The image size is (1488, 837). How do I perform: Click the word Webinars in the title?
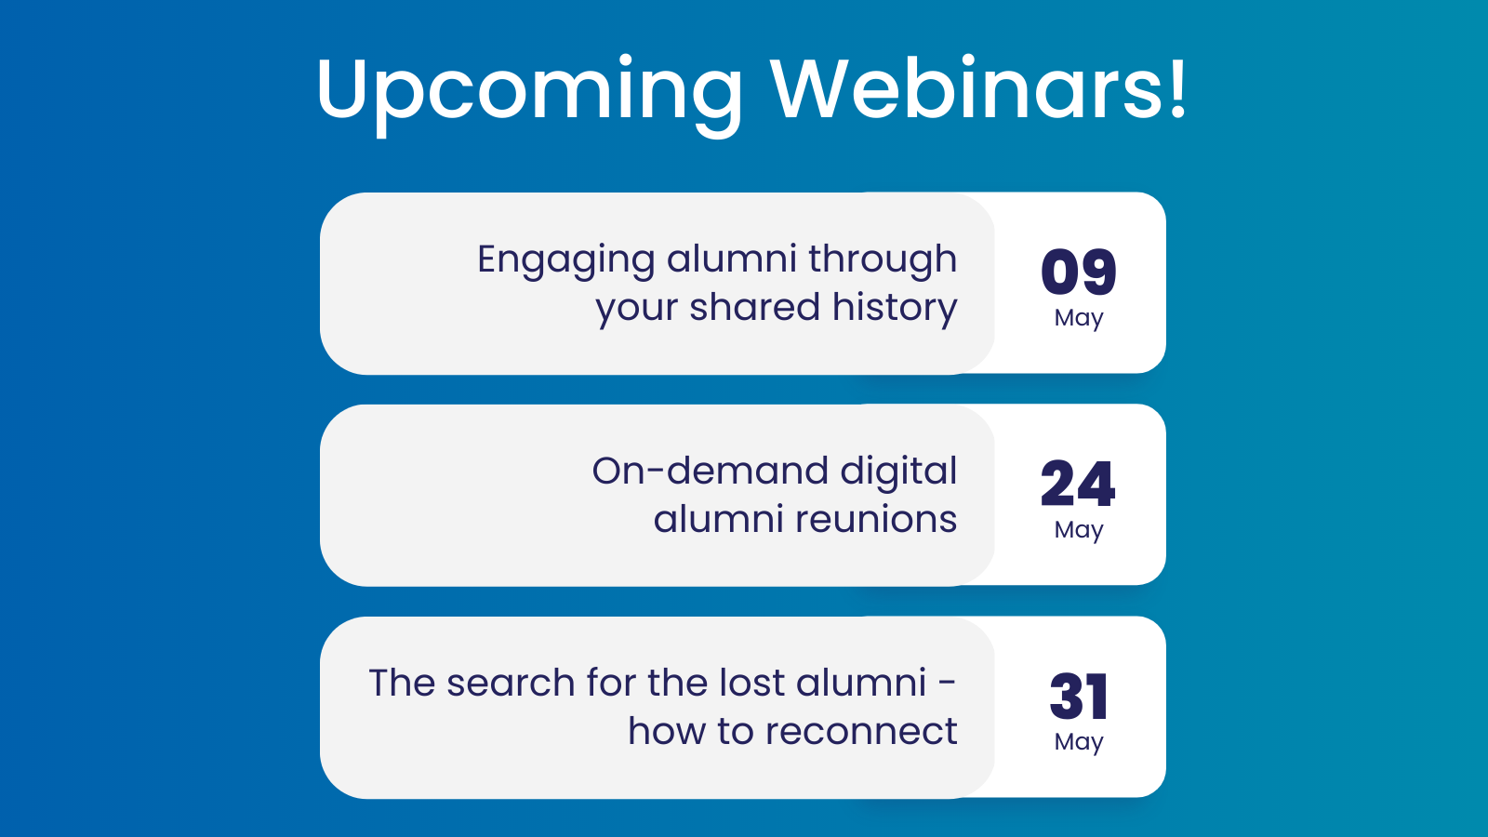(967, 89)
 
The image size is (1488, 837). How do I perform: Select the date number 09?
(1079, 272)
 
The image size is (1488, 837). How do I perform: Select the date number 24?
(1078, 485)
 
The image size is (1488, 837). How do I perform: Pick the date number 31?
(1079, 697)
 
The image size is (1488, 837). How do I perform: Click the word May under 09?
(1079, 318)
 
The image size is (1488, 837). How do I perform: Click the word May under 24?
(1079, 530)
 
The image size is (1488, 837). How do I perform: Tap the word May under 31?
(1079, 742)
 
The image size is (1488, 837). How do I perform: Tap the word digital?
(897, 472)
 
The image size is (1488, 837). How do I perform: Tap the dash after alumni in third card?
(947, 684)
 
